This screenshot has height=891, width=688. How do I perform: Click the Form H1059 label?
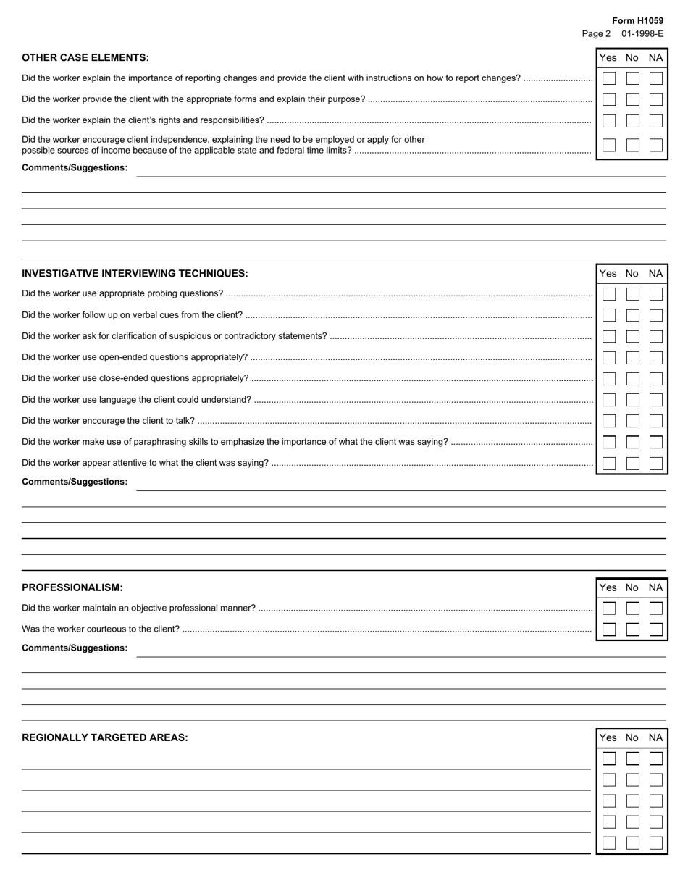point(637,21)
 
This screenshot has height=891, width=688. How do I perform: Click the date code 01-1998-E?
point(642,34)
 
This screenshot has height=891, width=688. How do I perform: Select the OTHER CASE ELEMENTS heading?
point(85,58)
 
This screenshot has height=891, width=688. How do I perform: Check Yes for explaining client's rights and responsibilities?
point(609,121)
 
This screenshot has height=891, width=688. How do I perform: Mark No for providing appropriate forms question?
point(632,100)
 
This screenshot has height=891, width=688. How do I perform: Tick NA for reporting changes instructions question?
point(655,78)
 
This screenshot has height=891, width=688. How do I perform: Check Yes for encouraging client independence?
point(609,145)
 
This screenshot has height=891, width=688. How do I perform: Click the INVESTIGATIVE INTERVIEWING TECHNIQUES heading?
point(135,274)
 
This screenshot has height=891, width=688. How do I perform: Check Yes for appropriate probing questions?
point(609,294)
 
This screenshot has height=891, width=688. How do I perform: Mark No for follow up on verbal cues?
point(632,315)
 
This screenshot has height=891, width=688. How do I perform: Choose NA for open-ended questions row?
point(655,358)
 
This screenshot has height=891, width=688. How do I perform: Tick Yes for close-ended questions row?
point(609,379)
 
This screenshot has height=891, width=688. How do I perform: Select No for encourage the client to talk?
point(632,421)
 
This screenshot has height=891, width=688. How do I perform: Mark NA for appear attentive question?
point(655,464)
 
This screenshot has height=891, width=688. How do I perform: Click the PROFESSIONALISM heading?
point(72,587)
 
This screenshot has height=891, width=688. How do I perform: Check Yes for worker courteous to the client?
point(609,629)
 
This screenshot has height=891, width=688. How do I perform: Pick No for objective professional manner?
point(632,608)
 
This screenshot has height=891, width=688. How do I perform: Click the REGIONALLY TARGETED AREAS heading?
point(105,738)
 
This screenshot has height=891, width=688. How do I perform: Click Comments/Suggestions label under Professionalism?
point(75,648)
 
